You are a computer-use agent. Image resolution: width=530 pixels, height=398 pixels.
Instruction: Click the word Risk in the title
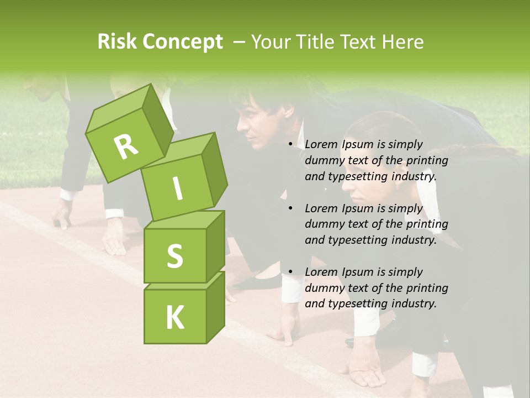117,42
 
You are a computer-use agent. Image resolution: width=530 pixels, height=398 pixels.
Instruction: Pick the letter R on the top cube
126,146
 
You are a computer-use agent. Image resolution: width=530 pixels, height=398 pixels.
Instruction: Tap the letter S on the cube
174,256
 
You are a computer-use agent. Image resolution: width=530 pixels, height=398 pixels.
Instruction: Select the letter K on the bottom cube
174,318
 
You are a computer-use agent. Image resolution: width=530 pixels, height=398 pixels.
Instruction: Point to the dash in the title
239,42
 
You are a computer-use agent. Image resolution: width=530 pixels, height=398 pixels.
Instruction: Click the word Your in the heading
271,42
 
